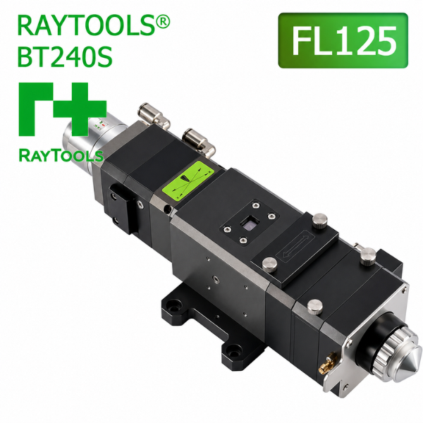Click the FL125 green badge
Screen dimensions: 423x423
[x=343, y=40]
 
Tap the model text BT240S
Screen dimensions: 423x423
[x=65, y=56]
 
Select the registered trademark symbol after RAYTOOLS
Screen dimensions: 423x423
[x=163, y=22]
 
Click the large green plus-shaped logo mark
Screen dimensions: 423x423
[x=63, y=109]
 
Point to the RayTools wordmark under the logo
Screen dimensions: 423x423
[x=61, y=155]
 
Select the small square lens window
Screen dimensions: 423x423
[x=249, y=223]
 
